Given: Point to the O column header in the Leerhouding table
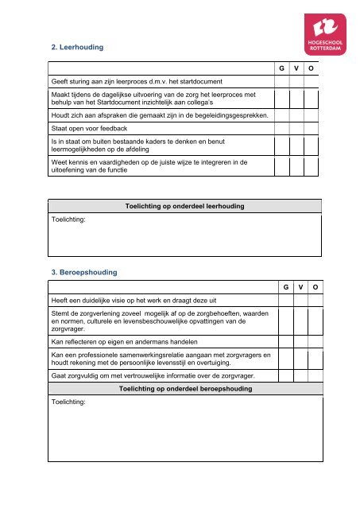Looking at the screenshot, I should click(x=312, y=69).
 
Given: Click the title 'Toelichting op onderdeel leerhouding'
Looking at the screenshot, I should click(x=184, y=206).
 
